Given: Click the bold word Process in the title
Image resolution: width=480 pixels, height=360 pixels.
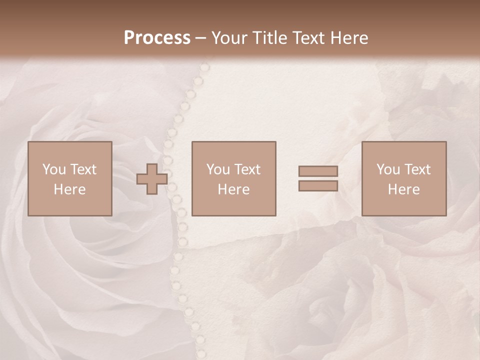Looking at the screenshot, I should [157, 38].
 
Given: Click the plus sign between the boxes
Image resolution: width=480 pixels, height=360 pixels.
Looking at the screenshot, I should [152, 179].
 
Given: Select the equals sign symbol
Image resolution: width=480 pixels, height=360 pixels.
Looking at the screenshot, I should [318, 178].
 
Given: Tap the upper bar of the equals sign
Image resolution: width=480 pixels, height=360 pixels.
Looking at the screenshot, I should [318, 171].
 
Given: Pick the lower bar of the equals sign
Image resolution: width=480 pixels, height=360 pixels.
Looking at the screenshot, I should [318, 186].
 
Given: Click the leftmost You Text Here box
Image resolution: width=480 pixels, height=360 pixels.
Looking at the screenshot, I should [70, 178].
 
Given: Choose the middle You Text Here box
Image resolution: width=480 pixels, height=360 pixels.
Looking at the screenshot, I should [234, 178].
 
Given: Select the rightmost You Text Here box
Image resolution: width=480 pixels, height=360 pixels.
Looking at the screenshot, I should [404, 178].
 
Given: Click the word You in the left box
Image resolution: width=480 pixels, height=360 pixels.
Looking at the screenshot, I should [54, 169].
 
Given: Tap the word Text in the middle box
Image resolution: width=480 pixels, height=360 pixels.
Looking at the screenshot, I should [247, 169].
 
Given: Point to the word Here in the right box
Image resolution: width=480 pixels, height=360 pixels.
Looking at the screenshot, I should [404, 189].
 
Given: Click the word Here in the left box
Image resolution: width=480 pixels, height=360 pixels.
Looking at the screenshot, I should [70, 189].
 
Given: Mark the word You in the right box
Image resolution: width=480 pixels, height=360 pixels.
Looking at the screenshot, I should [388, 169].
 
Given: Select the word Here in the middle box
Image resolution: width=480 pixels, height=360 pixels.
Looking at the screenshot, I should [234, 189].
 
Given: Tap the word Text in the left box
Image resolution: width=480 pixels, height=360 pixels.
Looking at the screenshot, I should [83, 169].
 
